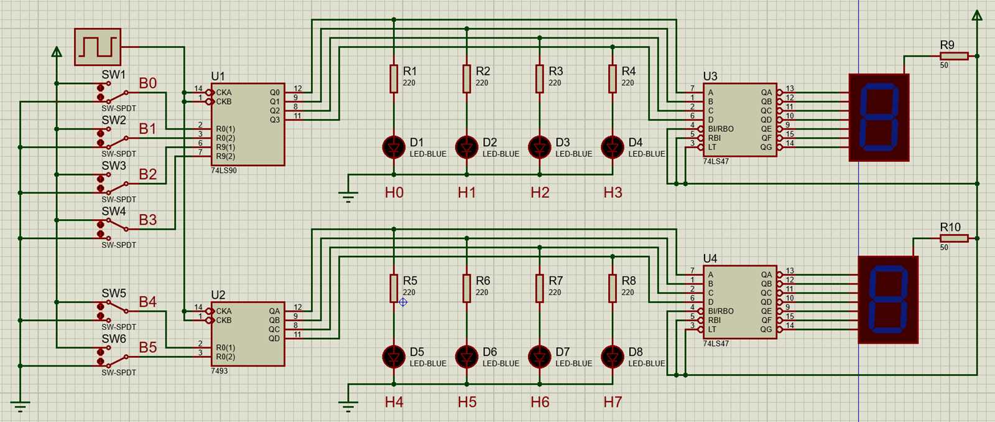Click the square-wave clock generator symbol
98,47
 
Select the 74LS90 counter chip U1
248,124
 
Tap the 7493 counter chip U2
248,334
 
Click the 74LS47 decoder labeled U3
740,120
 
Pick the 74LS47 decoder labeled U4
740,302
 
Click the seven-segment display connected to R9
879,118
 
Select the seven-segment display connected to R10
888,299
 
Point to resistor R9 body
953,56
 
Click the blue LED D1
393,148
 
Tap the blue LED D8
612,357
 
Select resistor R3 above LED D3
539,79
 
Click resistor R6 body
466,288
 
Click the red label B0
147,83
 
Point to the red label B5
147,347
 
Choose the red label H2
540,192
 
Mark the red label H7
613,402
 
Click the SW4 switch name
114,212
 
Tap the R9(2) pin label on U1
225,156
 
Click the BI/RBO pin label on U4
720,311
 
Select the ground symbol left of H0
348,198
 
